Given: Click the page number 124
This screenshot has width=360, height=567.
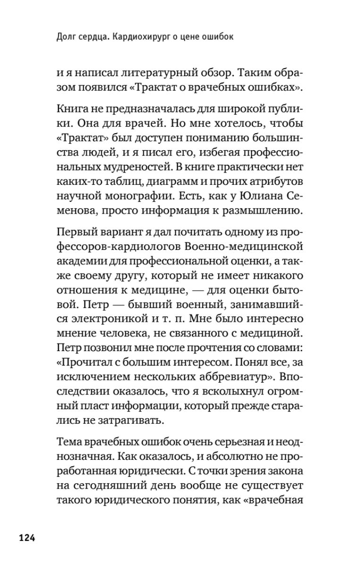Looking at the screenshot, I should click(x=27, y=537).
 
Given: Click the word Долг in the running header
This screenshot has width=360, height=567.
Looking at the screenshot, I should click(x=65, y=36).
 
